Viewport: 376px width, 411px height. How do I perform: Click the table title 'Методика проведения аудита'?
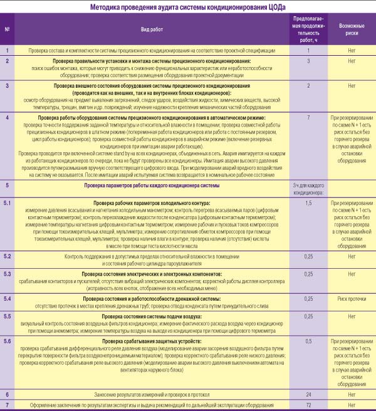pyautogui.click(x=187, y=7)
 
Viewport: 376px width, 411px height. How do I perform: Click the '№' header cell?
pyautogui.click(x=7, y=29)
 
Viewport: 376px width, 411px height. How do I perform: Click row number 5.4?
pyautogui.click(x=7, y=299)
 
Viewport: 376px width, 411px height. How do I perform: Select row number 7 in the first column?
pyautogui.click(x=7, y=405)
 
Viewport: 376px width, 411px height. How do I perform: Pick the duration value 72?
pyautogui.click(x=308, y=405)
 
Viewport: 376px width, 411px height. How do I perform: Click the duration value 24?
pyautogui.click(x=308, y=395)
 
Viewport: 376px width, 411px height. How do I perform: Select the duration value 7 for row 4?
pyautogui.click(x=308, y=117)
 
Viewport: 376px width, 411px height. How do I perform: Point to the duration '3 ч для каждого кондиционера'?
pyautogui.click(x=308, y=190)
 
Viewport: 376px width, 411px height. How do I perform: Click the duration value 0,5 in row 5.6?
pyautogui.click(x=308, y=341)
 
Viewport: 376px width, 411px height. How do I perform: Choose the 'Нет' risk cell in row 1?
pyautogui.click(x=352, y=49)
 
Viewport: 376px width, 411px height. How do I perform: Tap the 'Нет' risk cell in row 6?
pyautogui.click(x=352, y=395)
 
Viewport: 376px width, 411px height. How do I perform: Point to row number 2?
pyautogui.click(x=7, y=61)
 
